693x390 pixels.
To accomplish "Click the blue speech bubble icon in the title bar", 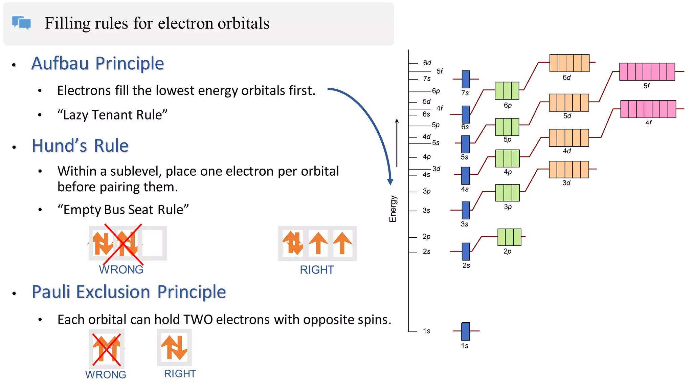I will (x=21, y=23).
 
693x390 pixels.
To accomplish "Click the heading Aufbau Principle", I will (x=97, y=63).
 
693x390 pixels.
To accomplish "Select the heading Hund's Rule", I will (x=80, y=146).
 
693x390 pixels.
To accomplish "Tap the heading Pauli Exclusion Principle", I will (x=129, y=292).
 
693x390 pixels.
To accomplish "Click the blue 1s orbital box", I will (x=466, y=331).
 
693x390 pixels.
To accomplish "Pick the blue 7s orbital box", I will (x=466, y=79).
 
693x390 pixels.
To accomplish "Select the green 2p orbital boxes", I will (x=509, y=237).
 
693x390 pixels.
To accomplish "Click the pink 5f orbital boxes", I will (x=647, y=72).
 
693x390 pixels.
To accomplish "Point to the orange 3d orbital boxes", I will (x=569, y=170).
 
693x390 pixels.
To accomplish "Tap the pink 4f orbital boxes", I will (x=648, y=109).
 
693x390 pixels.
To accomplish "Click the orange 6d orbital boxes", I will (x=569, y=63).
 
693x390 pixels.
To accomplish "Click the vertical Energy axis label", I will (x=393, y=209).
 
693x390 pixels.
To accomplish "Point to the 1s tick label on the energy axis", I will (x=426, y=331).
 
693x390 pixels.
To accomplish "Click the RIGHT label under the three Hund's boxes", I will (x=317, y=270).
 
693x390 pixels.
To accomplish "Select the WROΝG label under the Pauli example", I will (x=106, y=374).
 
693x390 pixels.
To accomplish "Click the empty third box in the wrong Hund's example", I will (x=153, y=243).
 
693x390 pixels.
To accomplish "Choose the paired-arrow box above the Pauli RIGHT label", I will (x=174, y=348).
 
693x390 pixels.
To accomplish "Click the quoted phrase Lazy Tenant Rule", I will (x=112, y=115).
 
